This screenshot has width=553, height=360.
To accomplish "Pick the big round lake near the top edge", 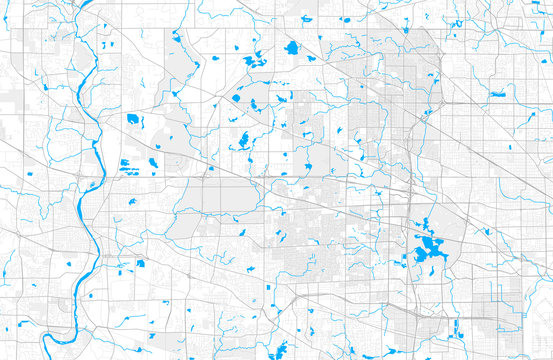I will [292, 47].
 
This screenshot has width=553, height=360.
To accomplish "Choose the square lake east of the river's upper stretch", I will [133, 119].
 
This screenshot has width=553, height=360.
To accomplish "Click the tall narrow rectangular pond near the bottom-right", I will [456, 330].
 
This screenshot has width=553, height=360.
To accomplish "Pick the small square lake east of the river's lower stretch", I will [140, 264].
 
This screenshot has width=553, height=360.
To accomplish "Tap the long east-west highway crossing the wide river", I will [200, 180].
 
